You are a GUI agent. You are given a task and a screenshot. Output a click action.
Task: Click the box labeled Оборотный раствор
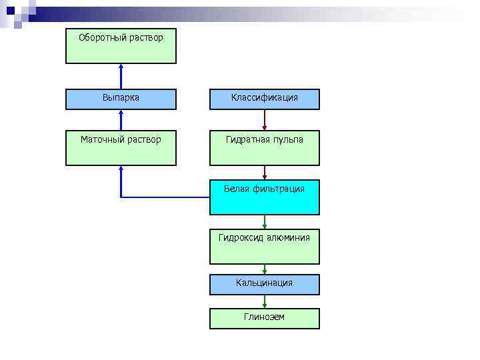[121, 46]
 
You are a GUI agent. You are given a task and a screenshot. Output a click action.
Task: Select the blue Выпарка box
[121, 99]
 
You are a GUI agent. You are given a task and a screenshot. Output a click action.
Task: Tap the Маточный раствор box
[121, 148]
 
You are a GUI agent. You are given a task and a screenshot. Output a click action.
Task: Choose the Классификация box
[265, 99]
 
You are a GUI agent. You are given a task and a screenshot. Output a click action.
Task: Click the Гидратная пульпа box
[265, 148]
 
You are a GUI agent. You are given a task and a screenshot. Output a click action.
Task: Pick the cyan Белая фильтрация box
[265, 197]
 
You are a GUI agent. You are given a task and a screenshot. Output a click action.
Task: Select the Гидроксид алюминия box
[265, 247]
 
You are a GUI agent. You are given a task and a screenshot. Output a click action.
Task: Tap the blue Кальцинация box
[265, 285]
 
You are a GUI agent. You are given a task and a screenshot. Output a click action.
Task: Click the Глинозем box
[265, 318]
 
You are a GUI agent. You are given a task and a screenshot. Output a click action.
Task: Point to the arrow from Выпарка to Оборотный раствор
[121, 76]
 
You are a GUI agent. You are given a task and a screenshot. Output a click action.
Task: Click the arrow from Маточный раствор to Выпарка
[121, 120]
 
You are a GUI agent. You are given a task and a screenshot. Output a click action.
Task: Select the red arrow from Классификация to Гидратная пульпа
[265, 120]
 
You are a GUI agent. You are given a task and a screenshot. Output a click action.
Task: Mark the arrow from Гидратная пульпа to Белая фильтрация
[265, 173]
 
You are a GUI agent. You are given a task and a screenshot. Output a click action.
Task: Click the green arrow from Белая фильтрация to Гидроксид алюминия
[265, 222]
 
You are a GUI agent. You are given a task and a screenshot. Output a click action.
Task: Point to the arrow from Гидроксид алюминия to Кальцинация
[265, 269]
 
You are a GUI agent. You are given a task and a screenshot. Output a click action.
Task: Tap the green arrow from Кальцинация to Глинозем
[265, 301]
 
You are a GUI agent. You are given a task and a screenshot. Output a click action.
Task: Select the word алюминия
[288, 237]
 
